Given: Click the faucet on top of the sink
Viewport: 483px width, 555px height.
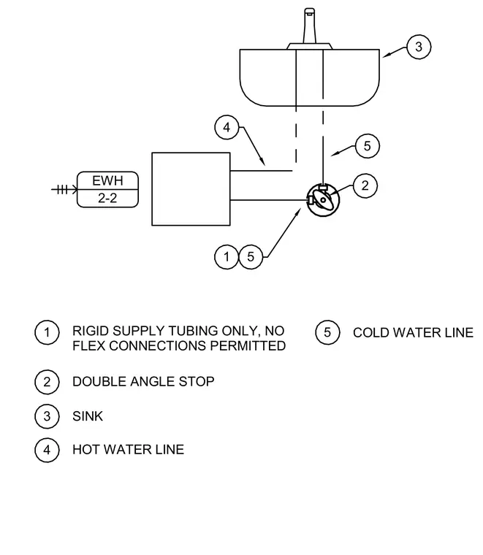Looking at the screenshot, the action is coord(310,28).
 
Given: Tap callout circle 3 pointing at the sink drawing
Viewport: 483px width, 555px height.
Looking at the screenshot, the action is coord(419,47).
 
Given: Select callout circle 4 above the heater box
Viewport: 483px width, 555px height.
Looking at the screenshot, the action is coord(227,127).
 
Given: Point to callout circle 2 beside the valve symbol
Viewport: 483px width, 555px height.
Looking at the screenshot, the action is coord(365,185).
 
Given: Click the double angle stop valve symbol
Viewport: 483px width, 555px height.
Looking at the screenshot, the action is coord(322,200).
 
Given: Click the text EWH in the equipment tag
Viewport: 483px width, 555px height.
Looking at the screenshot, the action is coord(107,181).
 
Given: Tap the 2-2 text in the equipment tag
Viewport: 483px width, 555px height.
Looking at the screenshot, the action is coord(107,198).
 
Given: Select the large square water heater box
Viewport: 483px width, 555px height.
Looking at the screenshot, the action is coord(152,189).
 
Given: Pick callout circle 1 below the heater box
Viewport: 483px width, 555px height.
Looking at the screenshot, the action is coord(227,256).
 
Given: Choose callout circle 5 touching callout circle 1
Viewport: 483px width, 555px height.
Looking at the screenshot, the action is coord(251,256).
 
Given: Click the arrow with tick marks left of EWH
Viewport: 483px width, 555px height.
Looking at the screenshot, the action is coord(64,190).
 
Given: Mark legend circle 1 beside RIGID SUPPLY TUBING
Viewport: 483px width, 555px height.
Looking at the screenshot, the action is coord(47,332).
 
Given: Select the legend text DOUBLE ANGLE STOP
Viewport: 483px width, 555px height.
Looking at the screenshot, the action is coord(143,381).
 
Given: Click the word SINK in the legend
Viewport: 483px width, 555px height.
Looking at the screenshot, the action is coord(88,416).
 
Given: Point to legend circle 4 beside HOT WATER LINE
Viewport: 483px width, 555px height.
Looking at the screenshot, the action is coord(47,450).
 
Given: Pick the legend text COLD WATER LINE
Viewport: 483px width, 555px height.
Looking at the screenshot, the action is coord(413,333).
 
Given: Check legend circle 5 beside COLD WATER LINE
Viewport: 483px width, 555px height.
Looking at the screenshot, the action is coord(327,332).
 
